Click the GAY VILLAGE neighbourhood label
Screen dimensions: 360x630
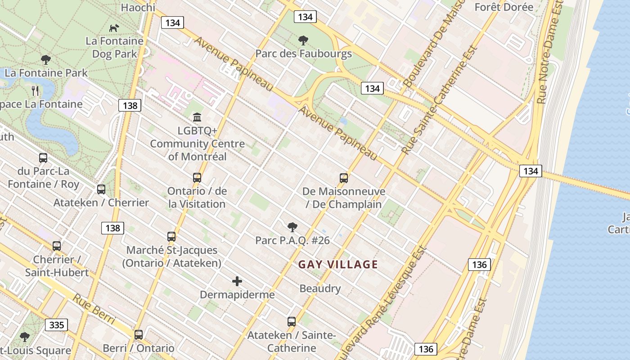338,265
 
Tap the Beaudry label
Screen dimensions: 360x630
320,288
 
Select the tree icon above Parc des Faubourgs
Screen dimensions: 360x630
303,40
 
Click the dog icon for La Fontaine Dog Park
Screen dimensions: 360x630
114,28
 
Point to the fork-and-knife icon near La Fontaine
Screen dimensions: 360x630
36,91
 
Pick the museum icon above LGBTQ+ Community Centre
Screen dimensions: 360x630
197,117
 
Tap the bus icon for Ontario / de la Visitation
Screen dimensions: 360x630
197,178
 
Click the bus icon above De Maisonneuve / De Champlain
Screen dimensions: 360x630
344,178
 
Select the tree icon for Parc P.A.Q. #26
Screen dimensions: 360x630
292,227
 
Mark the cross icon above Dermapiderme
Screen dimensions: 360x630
237,282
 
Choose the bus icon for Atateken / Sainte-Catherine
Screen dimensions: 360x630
292,322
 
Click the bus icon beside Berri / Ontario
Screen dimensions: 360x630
139,335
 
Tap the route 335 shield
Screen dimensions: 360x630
57,325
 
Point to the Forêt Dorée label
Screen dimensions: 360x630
504,7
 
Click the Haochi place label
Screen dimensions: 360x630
138,8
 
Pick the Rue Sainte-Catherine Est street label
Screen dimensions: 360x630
439,100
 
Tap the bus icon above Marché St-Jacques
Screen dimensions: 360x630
171,237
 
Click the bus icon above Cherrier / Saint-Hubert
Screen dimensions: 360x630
57,246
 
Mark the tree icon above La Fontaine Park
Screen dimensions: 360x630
45,59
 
